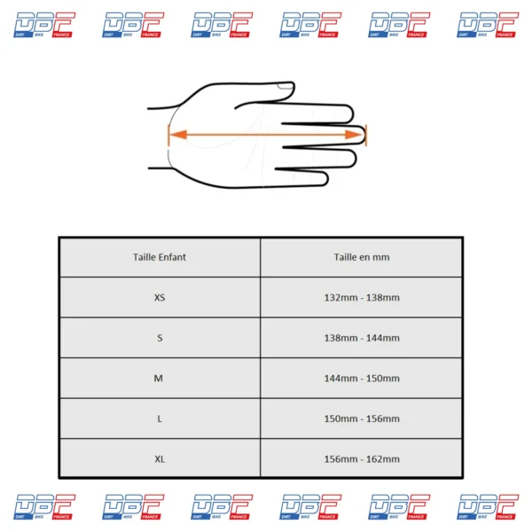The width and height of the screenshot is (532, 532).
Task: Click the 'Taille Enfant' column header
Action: [x=160, y=257]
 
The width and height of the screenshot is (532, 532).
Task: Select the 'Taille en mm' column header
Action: [x=362, y=257]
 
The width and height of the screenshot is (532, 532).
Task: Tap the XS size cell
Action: [x=160, y=298]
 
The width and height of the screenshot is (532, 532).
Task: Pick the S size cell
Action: [x=160, y=338]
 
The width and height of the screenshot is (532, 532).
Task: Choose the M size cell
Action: [x=159, y=379]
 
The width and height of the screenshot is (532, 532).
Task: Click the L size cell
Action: [x=160, y=419]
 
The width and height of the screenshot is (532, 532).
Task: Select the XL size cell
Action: [x=160, y=459]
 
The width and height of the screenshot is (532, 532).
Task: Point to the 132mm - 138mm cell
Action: [x=362, y=298]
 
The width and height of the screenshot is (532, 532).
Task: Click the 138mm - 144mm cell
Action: [x=362, y=338]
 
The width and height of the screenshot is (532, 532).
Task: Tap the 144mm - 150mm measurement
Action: [x=362, y=379]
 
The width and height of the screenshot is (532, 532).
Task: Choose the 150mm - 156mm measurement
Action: [x=362, y=419]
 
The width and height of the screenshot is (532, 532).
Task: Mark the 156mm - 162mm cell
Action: [x=362, y=459]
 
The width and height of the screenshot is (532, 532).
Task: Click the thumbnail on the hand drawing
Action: [x=285, y=86]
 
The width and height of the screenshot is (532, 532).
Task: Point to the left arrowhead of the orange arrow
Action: [x=178, y=135]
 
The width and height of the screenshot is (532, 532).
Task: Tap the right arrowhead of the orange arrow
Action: [x=354, y=135]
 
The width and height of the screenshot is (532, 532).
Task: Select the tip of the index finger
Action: [x=353, y=113]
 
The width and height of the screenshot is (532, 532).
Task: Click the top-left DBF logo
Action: [x=44, y=25]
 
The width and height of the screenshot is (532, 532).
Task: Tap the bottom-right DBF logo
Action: [x=488, y=507]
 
